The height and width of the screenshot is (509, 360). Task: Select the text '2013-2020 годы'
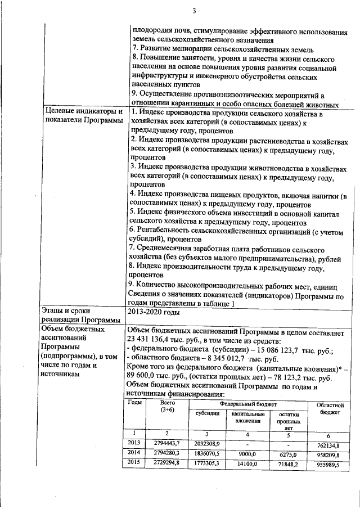(154, 310)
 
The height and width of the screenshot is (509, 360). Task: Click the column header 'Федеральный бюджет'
(248, 404)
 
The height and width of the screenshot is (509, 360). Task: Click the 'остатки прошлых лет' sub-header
(287, 420)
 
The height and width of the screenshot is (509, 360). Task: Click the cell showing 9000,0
(247, 453)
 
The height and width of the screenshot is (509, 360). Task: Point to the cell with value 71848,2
(287, 464)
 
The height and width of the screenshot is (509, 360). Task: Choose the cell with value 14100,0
(247, 464)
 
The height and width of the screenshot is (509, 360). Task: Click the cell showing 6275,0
(287, 453)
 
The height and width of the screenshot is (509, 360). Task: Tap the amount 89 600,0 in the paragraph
(143, 379)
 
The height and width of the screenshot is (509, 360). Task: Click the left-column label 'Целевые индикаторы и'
(82, 112)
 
